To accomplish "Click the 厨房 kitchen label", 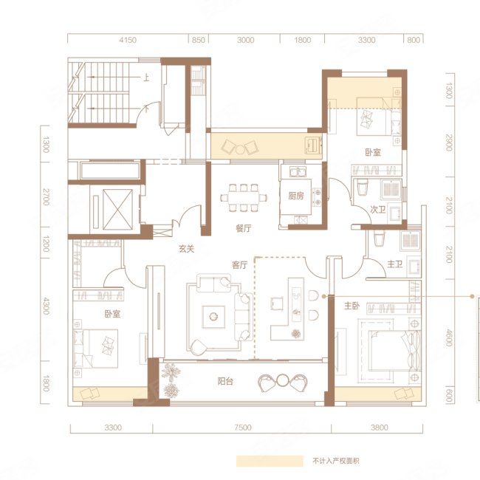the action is click(x=296, y=196).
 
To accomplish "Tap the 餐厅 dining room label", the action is click(x=244, y=228).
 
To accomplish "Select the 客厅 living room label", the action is click(x=240, y=265).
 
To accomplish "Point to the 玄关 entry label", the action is click(x=186, y=249).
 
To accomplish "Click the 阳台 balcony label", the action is click(x=225, y=381).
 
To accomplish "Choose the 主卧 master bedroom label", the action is click(x=352, y=306).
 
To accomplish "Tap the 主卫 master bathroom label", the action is click(x=395, y=264).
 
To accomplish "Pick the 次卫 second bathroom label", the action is click(x=378, y=210).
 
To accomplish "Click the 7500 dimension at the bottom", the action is click(x=243, y=428).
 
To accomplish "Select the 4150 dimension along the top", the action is click(x=128, y=40).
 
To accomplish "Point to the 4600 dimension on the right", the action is click(x=449, y=337).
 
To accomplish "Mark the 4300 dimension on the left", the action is click(x=46, y=306).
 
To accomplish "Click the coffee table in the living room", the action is click(x=213, y=317).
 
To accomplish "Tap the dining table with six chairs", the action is click(x=244, y=198).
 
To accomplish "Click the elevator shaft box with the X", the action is click(x=118, y=210).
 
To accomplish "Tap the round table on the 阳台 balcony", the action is click(x=283, y=380).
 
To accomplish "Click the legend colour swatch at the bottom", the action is click(x=270, y=461).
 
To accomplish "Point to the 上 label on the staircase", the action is click(x=146, y=78).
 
